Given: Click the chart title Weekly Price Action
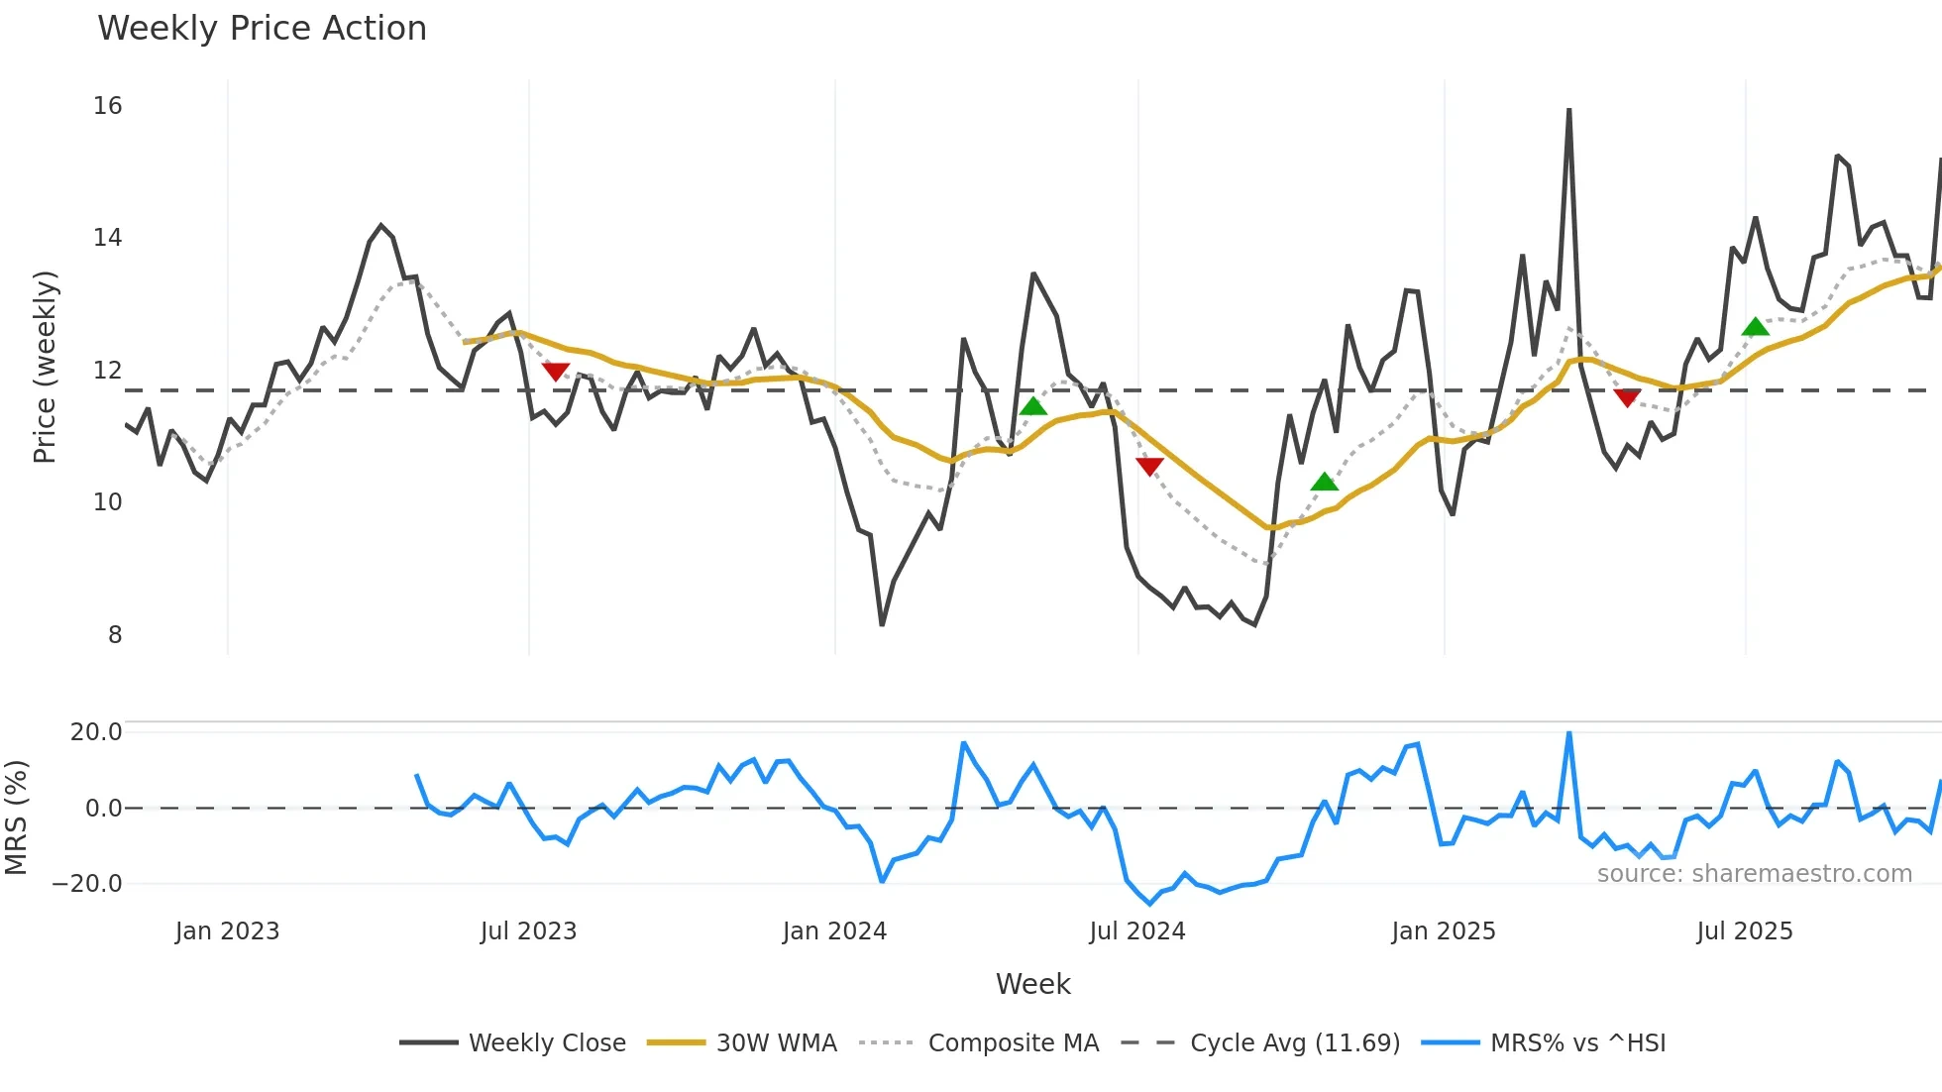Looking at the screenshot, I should coord(262,29).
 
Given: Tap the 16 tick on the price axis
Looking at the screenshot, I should coord(108,106).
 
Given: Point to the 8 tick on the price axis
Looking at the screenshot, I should coord(115,635).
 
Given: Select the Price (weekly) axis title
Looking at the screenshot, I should coord(46,367).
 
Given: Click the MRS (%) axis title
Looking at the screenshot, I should coord(16,818).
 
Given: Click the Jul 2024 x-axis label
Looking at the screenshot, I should coord(1136,931).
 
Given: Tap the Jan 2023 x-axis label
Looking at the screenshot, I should coord(227,931).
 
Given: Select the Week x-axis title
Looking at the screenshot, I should coord(1032,984).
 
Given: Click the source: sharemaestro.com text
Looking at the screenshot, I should coord(1754,874).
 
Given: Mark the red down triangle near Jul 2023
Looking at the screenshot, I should coord(556,372).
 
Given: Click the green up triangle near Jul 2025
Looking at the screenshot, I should coord(1755,327).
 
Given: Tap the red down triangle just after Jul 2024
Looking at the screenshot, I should coord(1149,466).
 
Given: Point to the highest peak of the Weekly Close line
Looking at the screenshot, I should coord(1568,110).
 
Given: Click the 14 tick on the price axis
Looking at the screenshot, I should coord(108,238).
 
